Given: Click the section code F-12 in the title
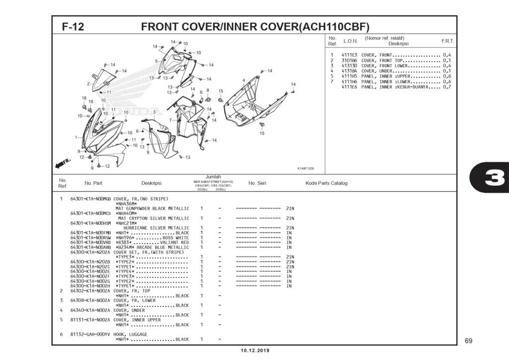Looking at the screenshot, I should [73, 26].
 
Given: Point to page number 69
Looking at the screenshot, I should [468, 341].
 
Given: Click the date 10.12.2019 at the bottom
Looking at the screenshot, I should [255, 351].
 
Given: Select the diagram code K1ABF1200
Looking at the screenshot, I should [305, 168].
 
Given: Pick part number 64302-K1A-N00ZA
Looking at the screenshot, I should [90, 290].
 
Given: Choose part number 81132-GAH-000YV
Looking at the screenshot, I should [90, 334].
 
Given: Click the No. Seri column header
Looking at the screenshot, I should [257, 183].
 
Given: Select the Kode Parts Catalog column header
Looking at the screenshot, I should [326, 183].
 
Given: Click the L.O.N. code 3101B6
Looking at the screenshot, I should [349, 60].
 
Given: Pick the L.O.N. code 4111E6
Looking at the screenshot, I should [349, 87].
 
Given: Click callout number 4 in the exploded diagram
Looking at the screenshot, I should [244, 80].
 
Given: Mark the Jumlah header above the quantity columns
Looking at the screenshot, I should [213, 177].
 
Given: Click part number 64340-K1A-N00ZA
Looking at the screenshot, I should [90, 310].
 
